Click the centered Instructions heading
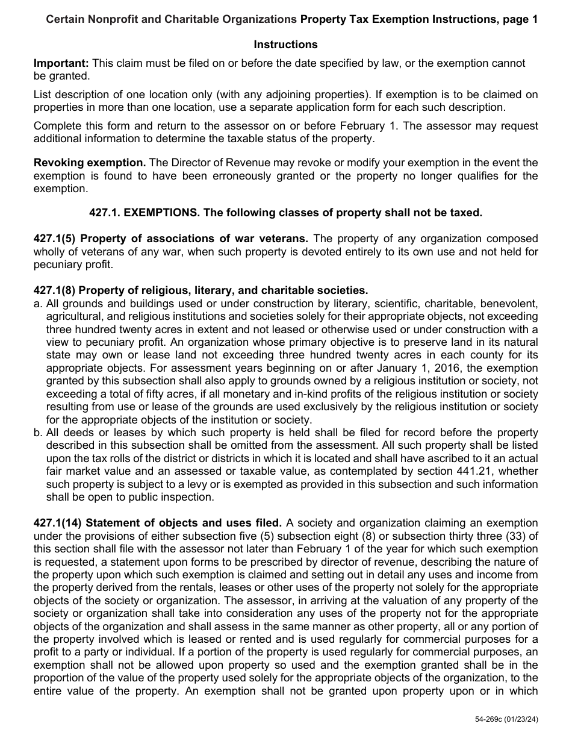[285, 45]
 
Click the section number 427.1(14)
[61, 523]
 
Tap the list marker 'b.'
[39, 433]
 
